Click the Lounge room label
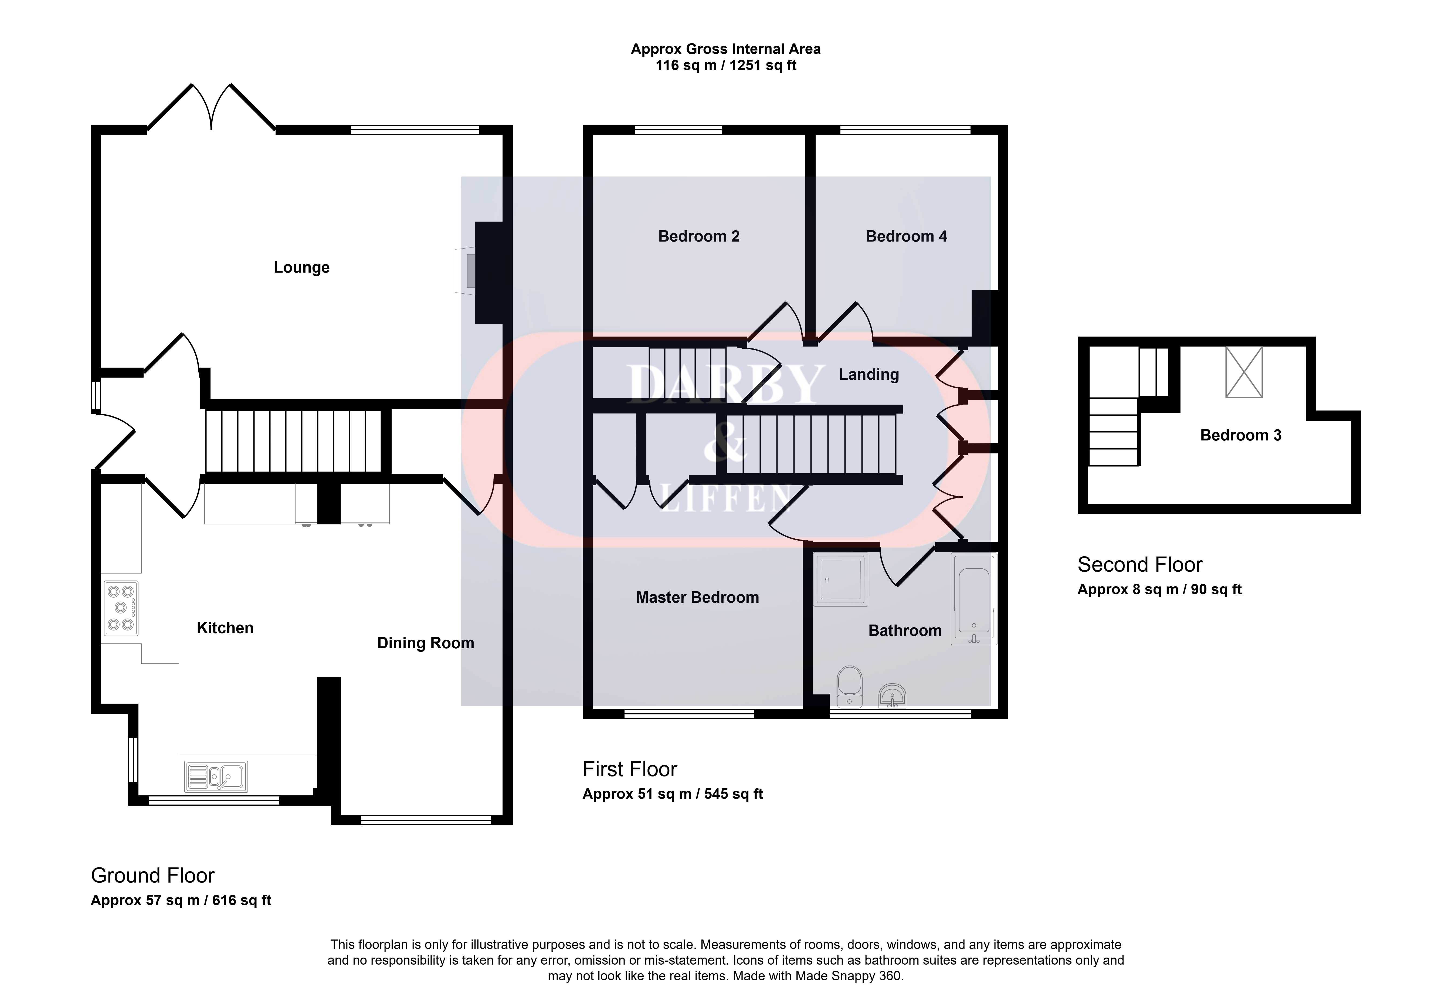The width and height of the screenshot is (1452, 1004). (x=301, y=267)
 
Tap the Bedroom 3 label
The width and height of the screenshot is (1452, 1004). (x=1241, y=435)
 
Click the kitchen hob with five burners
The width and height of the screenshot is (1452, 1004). (x=121, y=608)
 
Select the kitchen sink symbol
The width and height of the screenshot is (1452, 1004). (x=216, y=776)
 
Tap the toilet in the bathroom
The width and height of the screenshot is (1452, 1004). (x=850, y=686)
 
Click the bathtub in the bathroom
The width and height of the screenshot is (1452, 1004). (x=974, y=599)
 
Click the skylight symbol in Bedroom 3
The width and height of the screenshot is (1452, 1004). (x=1244, y=372)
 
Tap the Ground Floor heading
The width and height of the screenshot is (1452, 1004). (x=153, y=875)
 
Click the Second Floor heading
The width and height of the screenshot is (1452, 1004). (x=1140, y=564)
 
